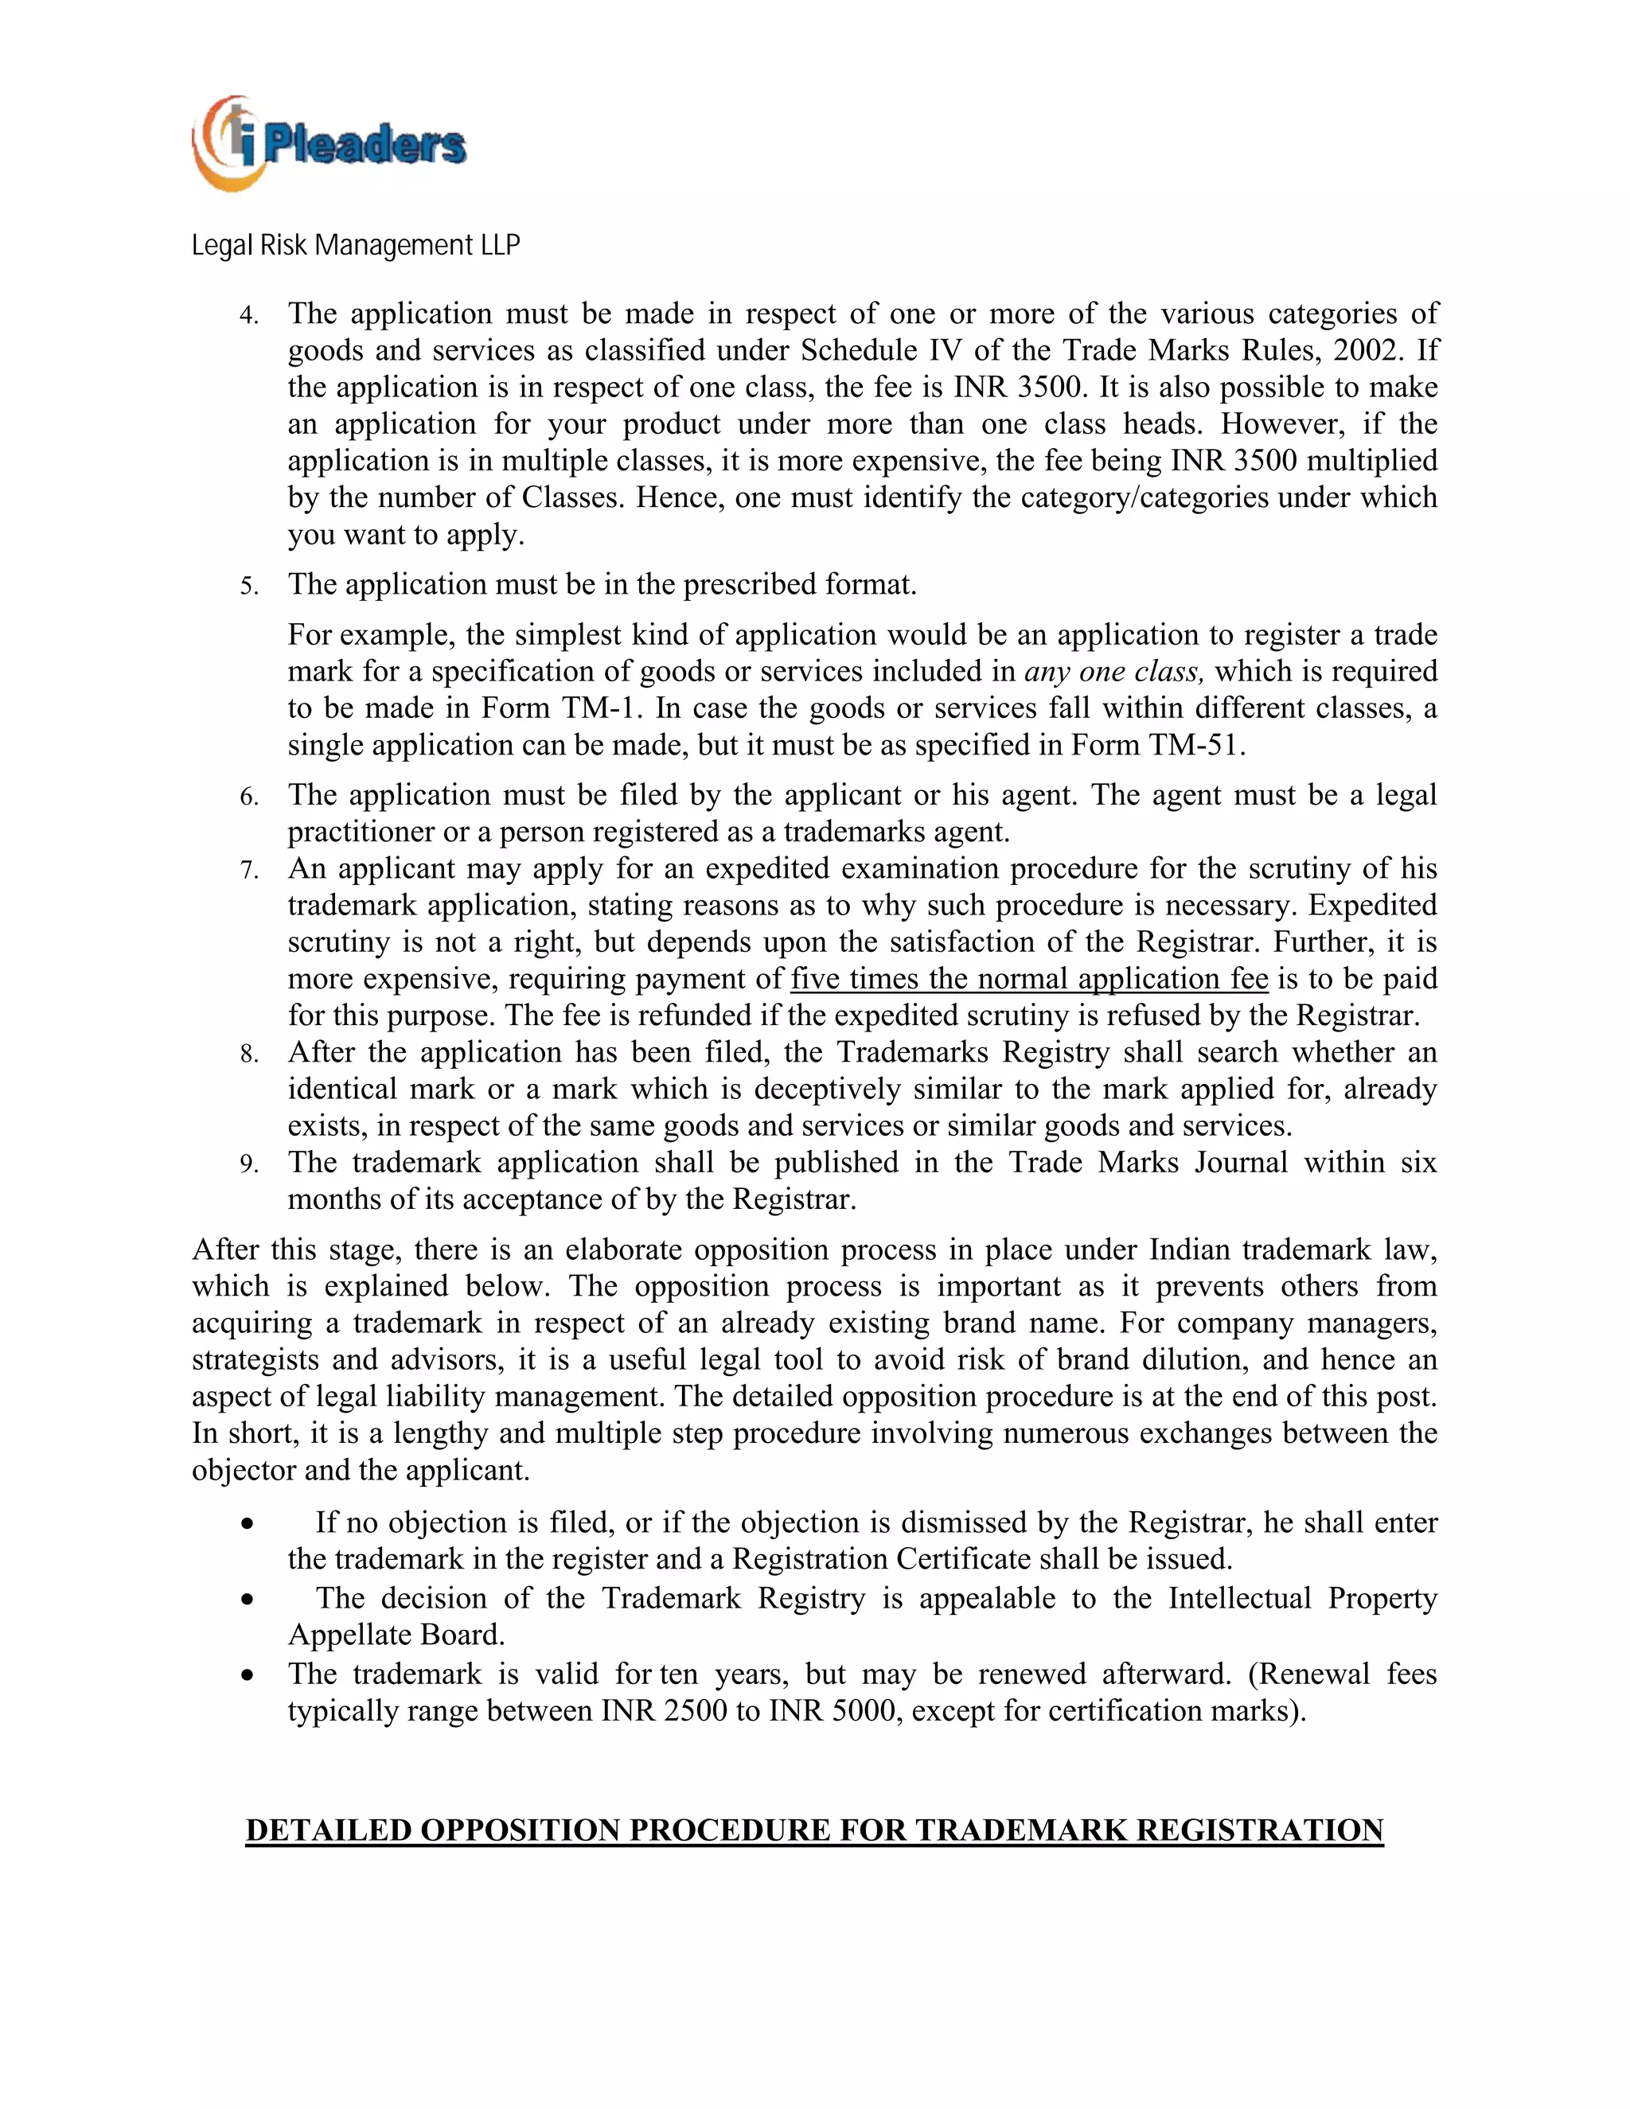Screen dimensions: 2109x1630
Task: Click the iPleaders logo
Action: (x=329, y=144)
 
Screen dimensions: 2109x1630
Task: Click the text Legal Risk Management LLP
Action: (x=355, y=245)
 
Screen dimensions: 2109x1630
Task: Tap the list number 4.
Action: (x=249, y=316)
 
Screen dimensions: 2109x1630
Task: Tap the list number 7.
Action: (x=249, y=870)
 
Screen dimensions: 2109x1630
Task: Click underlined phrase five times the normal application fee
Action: (x=1028, y=978)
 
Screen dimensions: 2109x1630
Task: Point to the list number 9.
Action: (x=249, y=1164)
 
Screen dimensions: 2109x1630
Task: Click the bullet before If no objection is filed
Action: (x=248, y=1524)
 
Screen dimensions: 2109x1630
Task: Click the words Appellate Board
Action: (x=396, y=1634)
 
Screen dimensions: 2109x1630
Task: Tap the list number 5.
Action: (x=249, y=587)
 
